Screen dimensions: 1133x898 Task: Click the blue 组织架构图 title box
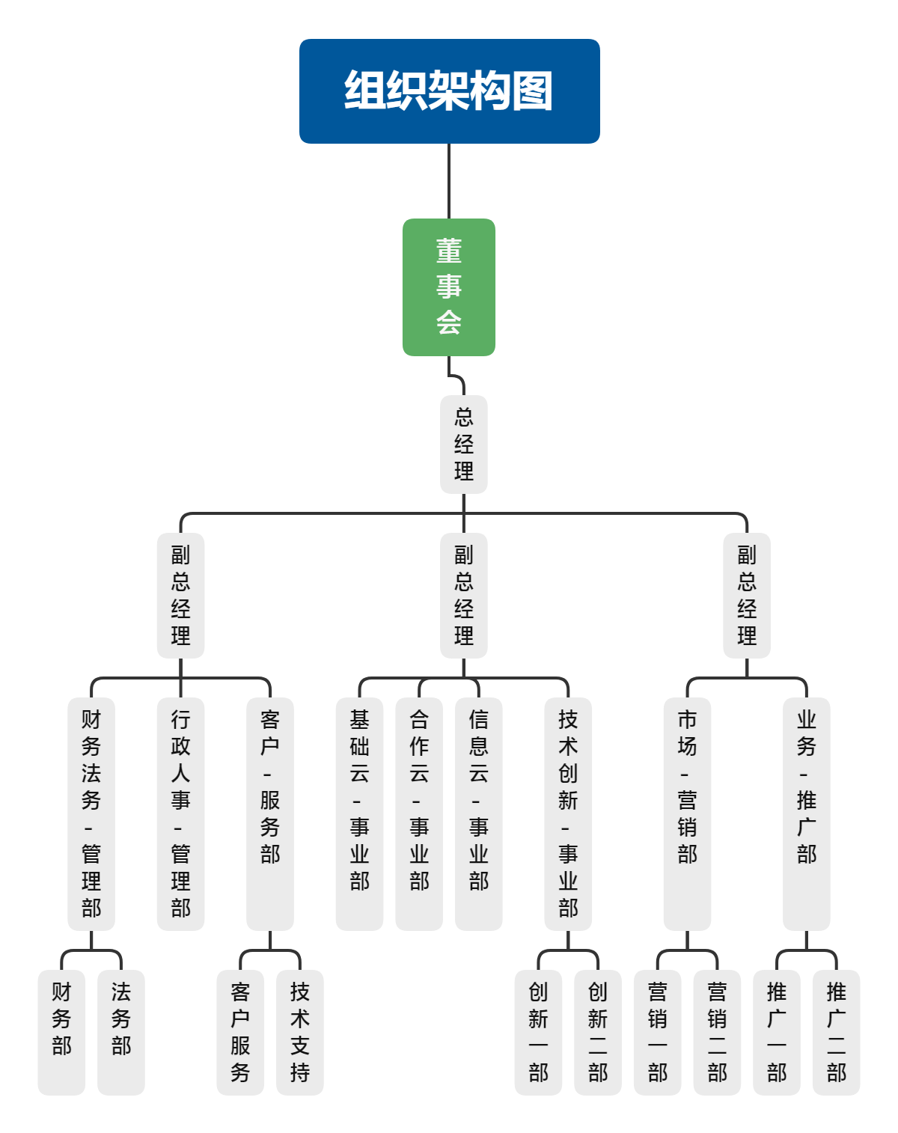pos(449,91)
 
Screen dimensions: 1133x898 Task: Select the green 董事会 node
pos(449,287)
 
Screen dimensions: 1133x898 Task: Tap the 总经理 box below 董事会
pos(463,444)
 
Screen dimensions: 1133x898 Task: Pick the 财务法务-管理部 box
pos(91,813)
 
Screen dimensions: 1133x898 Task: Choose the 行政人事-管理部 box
pos(180,813)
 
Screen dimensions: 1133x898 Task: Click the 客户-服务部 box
pos(269,813)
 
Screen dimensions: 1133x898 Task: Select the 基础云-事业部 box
pos(359,813)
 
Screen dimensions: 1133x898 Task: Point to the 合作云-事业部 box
pos(419,813)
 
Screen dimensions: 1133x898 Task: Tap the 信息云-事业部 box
pos(478,813)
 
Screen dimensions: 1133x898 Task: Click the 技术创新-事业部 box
pos(568,813)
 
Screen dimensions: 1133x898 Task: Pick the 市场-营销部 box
pos(687,813)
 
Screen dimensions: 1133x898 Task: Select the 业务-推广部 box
pos(806,813)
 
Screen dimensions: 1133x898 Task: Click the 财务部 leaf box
pos(61,1032)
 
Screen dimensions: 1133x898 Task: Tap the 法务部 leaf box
pos(120,1032)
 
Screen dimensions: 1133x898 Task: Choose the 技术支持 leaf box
pos(299,1032)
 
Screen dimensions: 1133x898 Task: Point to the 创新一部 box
pos(538,1032)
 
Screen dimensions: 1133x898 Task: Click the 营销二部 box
pos(717,1032)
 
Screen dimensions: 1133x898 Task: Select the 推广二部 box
pos(836,1032)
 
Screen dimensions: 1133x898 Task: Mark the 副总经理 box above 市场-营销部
pos(747,595)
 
